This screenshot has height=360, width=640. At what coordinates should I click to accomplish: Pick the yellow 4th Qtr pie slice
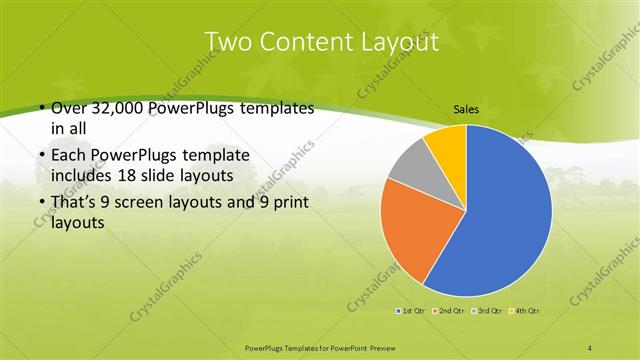[447, 145]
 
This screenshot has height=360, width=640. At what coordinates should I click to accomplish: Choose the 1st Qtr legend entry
[412, 311]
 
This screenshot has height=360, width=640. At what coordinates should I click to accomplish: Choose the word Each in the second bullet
[66, 155]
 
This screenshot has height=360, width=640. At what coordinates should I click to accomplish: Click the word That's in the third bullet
[74, 203]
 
